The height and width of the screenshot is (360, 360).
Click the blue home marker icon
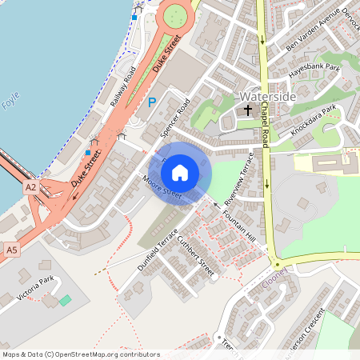coord(180,172)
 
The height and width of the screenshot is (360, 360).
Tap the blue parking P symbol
coord(152,102)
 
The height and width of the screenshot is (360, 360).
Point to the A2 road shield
coord(30,186)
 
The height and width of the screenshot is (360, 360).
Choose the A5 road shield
coord(11,250)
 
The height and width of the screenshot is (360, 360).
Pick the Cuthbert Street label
coord(196,256)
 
